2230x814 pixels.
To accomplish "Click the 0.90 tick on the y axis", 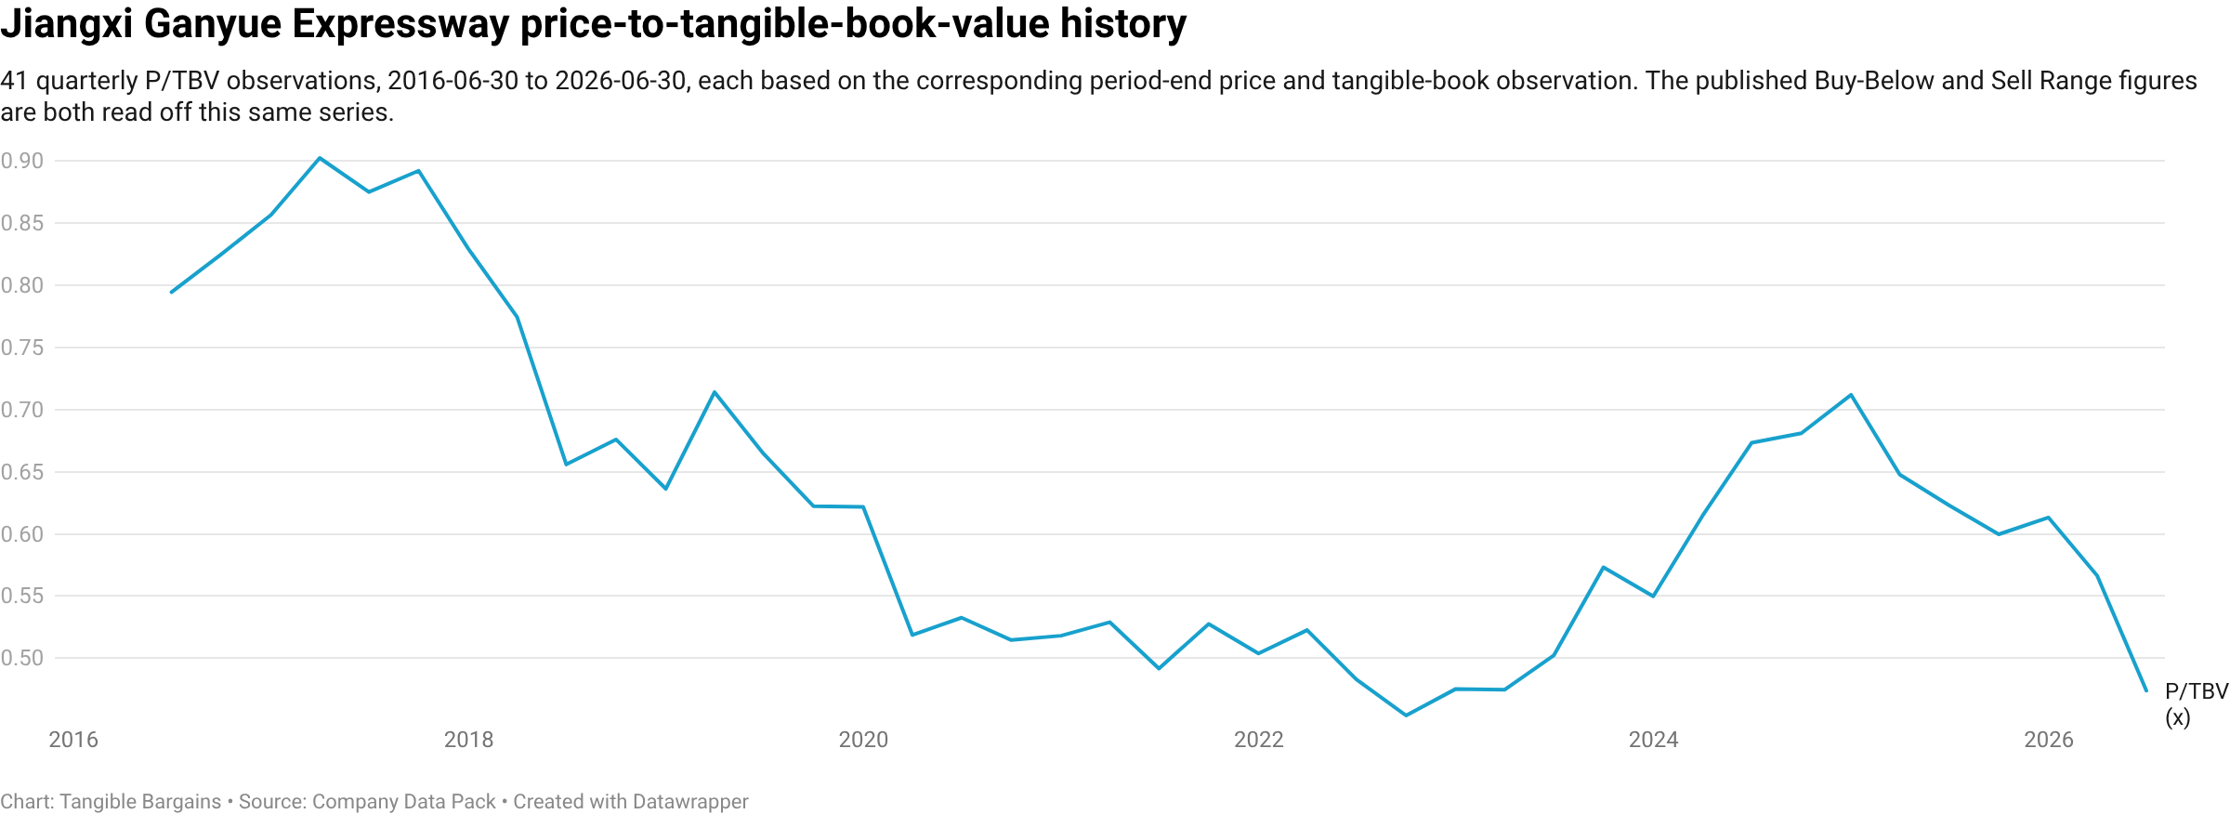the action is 22,161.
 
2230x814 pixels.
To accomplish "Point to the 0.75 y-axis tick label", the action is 22,348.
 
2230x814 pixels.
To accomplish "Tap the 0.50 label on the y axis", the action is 22,658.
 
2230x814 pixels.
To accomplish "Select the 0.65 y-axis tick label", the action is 22,472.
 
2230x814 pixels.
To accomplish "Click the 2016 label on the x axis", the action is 73,740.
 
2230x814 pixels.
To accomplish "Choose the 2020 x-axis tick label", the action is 863,740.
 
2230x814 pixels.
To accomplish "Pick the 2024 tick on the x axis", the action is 1654,740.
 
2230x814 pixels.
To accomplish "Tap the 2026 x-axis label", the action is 2049,740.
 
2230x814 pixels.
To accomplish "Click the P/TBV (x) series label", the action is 2197,704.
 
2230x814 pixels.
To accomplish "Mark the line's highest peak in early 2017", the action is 320,158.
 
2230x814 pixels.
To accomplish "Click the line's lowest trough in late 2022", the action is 1406,716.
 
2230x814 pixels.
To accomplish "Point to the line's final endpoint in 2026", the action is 2146,691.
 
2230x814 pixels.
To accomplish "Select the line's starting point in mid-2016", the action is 172,293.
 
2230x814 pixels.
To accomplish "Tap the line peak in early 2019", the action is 714,392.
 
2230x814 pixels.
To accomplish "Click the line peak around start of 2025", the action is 1851,395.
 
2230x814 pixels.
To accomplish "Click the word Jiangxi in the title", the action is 67,24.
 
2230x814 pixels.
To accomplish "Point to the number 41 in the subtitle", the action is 14,81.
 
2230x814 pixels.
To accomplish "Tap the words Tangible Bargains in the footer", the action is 140,802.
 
